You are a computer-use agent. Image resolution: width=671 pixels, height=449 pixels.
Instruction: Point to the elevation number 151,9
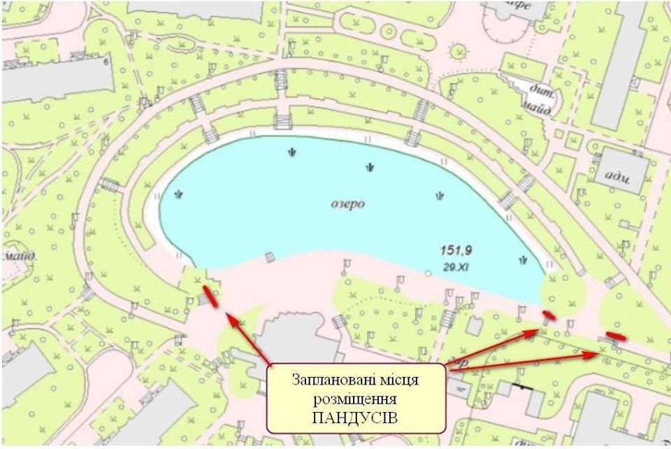click(454, 250)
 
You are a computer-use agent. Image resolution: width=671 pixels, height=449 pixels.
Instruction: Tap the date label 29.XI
click(455, 266)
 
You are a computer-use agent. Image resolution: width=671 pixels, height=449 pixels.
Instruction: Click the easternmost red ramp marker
click(616, 336)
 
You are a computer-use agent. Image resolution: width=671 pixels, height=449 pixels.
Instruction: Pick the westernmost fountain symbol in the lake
click(180, 195)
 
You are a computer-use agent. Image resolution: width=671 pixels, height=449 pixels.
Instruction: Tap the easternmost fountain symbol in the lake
click(523, 260)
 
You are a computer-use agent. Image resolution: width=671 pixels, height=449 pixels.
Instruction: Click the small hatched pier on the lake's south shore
click(268, 258)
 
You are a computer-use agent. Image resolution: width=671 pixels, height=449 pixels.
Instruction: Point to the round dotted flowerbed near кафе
click(459, 52)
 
